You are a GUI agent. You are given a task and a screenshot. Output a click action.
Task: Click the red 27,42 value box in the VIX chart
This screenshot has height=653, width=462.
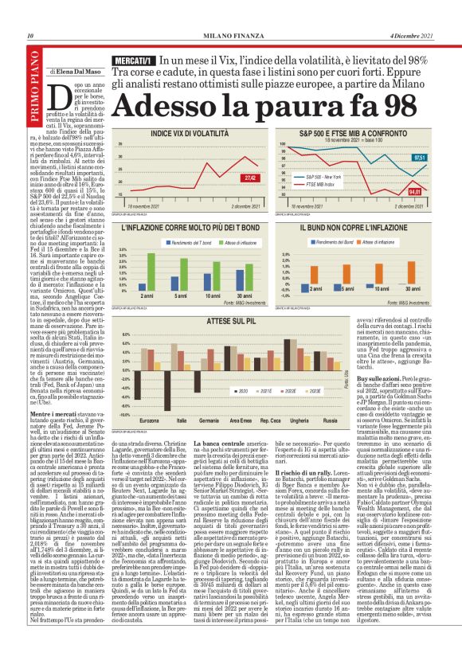249,178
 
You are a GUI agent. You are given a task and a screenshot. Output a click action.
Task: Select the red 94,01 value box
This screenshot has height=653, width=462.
414,192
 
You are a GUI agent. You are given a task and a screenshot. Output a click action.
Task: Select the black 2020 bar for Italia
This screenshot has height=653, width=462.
178,397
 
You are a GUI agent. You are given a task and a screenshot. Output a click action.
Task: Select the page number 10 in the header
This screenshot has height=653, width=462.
29,36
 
